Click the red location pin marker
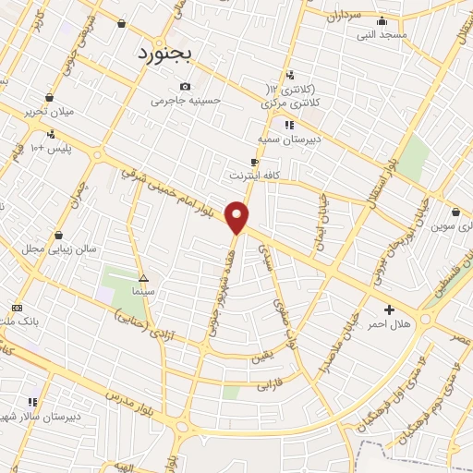click(237, 217)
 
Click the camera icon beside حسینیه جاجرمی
click(186, 86)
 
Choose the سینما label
click(143, 291)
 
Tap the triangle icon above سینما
click(142, 278)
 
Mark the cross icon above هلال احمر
click(388, 309)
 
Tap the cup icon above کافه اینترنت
click(254, 162)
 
